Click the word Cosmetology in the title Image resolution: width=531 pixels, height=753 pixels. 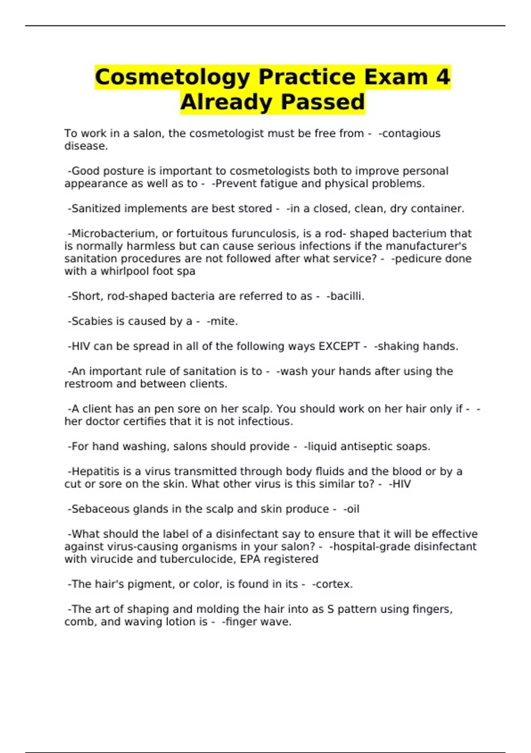pos(173,77)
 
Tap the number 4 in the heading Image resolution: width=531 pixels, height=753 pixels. pos(442,77)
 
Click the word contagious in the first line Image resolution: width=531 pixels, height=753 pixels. pos(411,133)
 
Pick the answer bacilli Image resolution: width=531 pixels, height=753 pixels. pos(346,296)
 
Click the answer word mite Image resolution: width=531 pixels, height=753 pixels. pos(224,321)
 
